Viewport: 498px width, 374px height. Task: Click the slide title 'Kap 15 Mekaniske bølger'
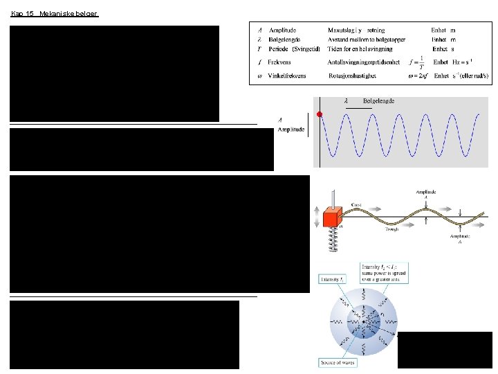coord(55,13)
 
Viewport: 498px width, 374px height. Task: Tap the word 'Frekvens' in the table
coord(280,62)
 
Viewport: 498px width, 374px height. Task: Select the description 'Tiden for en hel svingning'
coord(360,49)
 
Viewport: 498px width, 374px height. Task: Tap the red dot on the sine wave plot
coord(320,114)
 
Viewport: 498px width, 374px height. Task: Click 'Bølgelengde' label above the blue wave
coord(378,101)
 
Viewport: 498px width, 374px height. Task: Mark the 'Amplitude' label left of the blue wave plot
coord(290,130)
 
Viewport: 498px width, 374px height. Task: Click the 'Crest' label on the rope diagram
coord(357,205)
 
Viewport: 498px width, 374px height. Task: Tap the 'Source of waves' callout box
coord(338,362)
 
